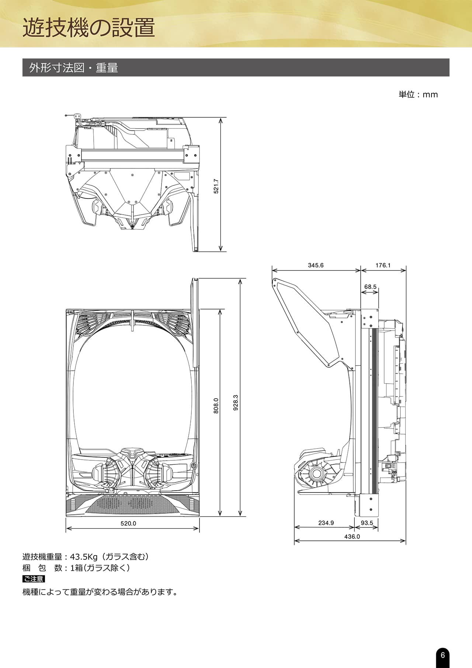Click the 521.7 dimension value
click(216, 186)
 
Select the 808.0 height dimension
click(216, 405)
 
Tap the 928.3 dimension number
click(236, 402)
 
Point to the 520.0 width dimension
click(128, 523)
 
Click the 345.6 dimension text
click(316, 265)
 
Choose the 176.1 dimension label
click(383, 265)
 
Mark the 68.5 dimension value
click(370, 287)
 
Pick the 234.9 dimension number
click(326, 523)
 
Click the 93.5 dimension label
click(367, 523)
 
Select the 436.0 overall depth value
click(352, 537)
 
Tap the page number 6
click(443, 655)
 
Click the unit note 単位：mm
click(418, 94)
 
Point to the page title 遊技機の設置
click(89, 28)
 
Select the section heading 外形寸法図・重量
click(74, 68)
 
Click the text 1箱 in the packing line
click(76, 568)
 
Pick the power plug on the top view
click(77, 116)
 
